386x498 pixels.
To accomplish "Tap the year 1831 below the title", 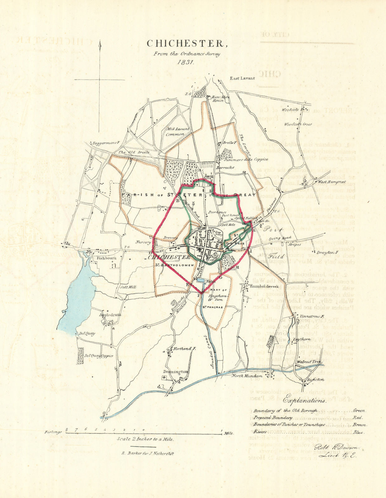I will [x=186, y=62].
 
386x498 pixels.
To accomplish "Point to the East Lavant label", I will [x=242, y=78].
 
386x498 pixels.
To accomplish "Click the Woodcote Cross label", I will [x=298, y=124].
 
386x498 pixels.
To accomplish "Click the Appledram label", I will [x=110, y=315].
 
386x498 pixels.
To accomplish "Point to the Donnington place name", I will [x=176, y=372].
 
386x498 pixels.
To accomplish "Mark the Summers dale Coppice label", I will [x=246, y=159].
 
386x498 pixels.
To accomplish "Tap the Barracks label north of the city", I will [x=225, y=167].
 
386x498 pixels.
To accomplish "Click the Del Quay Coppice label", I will [x=99, y=356].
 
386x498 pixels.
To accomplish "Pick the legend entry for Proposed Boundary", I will [x=273, y=418].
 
